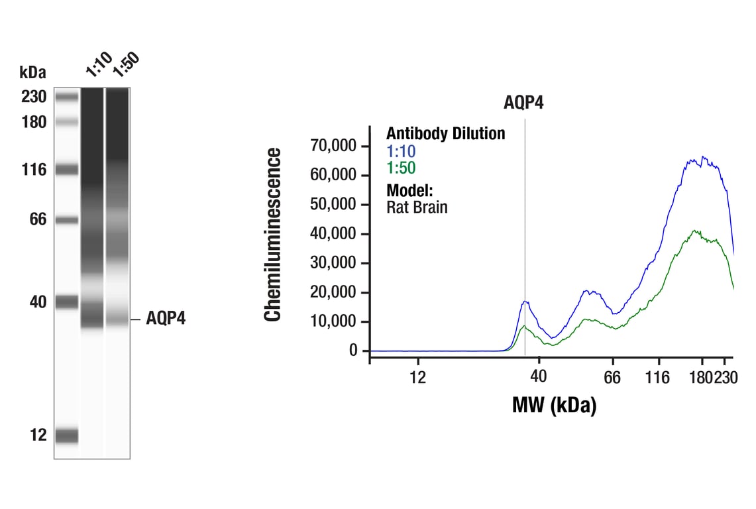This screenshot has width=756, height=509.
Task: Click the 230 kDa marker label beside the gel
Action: click(x=33, y=97)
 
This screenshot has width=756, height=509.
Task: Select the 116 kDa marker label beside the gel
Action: click(x=33, y=170)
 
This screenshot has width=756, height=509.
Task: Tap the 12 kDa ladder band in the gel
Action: click(x=66, y=435)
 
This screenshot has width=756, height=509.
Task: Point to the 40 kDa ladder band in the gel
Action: click(x=66, y=302)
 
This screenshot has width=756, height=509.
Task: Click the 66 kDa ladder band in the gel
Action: click(x=66, y=220)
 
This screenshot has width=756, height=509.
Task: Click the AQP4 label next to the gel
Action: click(x=166, y=319)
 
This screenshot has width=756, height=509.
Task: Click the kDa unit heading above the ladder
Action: click(x=33, y=72)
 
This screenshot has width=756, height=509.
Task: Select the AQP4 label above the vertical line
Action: click(x=523, y=103)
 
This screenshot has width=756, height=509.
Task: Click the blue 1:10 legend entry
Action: click(x=401, y=152)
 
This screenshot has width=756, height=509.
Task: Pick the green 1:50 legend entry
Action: click(x=401, y=168)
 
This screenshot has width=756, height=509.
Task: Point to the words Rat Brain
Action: click(x=417, y=207)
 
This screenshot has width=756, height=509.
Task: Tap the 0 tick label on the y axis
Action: click(x=353, y=351)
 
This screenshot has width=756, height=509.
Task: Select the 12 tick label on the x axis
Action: click(x=417, y=377)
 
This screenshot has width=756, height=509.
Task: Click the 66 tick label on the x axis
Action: click(x=612, y=377)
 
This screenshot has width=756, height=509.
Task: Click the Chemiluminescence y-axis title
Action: click(x=273, y=235)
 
